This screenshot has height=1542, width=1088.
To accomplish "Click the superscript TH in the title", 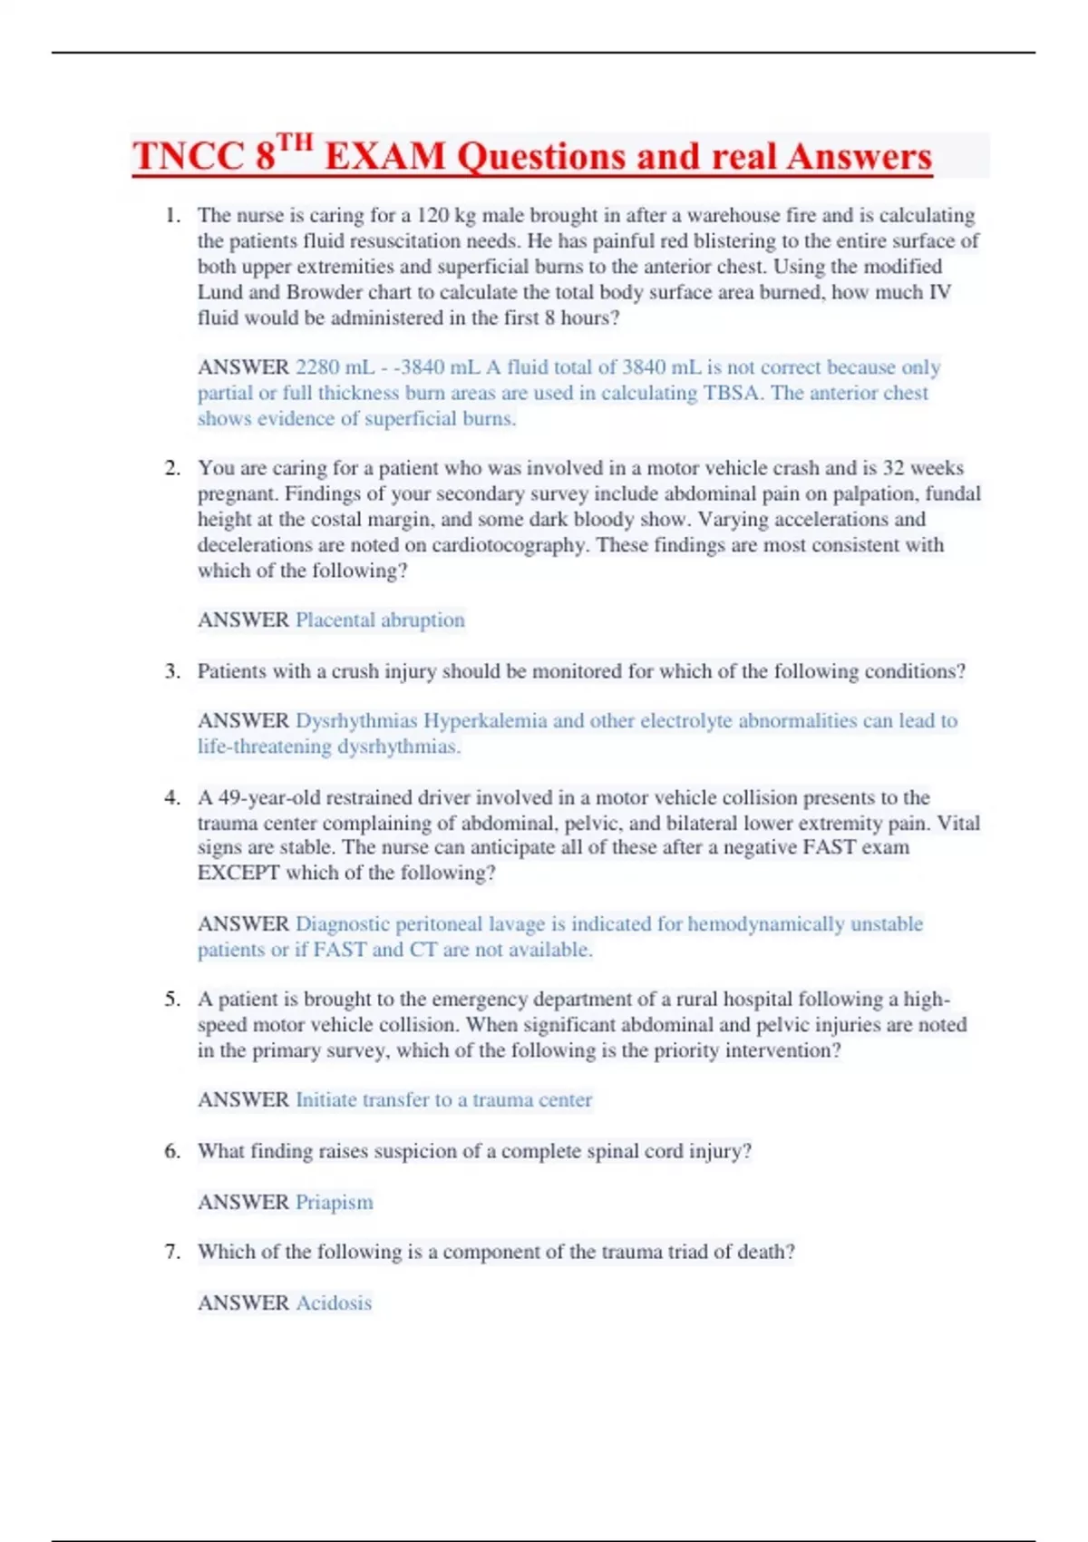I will (x=295, y=143).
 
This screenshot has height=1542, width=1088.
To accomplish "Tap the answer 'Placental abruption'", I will (x=380, y=620).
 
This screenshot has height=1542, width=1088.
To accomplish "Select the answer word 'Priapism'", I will (x=334, y=1203).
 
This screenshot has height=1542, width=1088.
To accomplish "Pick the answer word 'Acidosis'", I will (x=334, y=1303).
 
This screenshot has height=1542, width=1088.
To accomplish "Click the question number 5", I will (x=172, y=1000).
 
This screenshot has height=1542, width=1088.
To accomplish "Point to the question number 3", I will (x=172, y=671).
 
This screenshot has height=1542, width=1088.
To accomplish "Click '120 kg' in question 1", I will (x=446, y=216).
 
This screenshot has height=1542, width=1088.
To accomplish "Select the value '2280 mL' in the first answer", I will (x=335, y=367).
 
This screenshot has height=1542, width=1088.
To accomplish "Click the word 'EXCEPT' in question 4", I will (x=238, y=873).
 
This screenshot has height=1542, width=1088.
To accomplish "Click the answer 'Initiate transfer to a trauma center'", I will (x=443, y=1100).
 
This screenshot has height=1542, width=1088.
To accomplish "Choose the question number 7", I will (x=172, y=1253).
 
